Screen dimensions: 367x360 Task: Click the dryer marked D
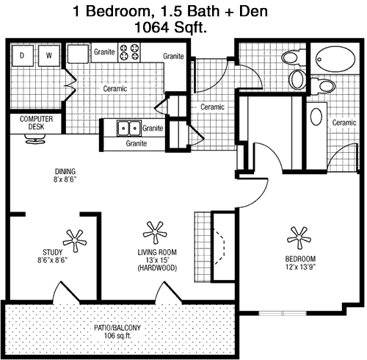pyautogui.click(x=23, y=56)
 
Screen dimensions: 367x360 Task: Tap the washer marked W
pyautogui.click(x=49, y=56)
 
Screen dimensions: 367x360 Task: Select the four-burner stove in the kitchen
pyautogui.click(x=129, y=52)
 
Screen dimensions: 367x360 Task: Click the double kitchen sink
pyautogui.click(x=129, y=128)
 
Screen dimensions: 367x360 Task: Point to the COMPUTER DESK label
pyautogui.click(x=36, y=123)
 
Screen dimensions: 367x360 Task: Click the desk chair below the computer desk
pyautogui.click(x=36, y=139)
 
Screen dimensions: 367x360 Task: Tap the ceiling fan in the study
pyautogui.click(x=75, y=240)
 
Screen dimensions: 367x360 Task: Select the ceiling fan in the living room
pyautogui.click(x=155, y=232)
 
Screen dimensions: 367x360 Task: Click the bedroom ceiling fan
pyautogui.click(x=299, y=237)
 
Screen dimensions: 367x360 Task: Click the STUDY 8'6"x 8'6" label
pyautogui.click(x=52, y=256)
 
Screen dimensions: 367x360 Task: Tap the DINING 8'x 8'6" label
pyautogui.click(x=65, y=176)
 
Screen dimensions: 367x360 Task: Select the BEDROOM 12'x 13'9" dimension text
pyautogui.click(x=300, y=262)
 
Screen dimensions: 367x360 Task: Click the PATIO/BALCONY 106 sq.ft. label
pyautogui.click(x=117, y=331)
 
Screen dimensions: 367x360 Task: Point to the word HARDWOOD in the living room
pyautogui.click(x=157, y=268)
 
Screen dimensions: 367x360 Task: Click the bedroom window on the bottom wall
pyautogui.click(x=283, y=313)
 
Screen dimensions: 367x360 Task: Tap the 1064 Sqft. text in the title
pyautogui.click(x=170, y=27)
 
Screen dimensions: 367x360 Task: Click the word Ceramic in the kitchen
pyautogui.click(x=115, y=88)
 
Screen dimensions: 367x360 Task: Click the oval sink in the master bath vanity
pyautogui.click(x=316, y=117)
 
